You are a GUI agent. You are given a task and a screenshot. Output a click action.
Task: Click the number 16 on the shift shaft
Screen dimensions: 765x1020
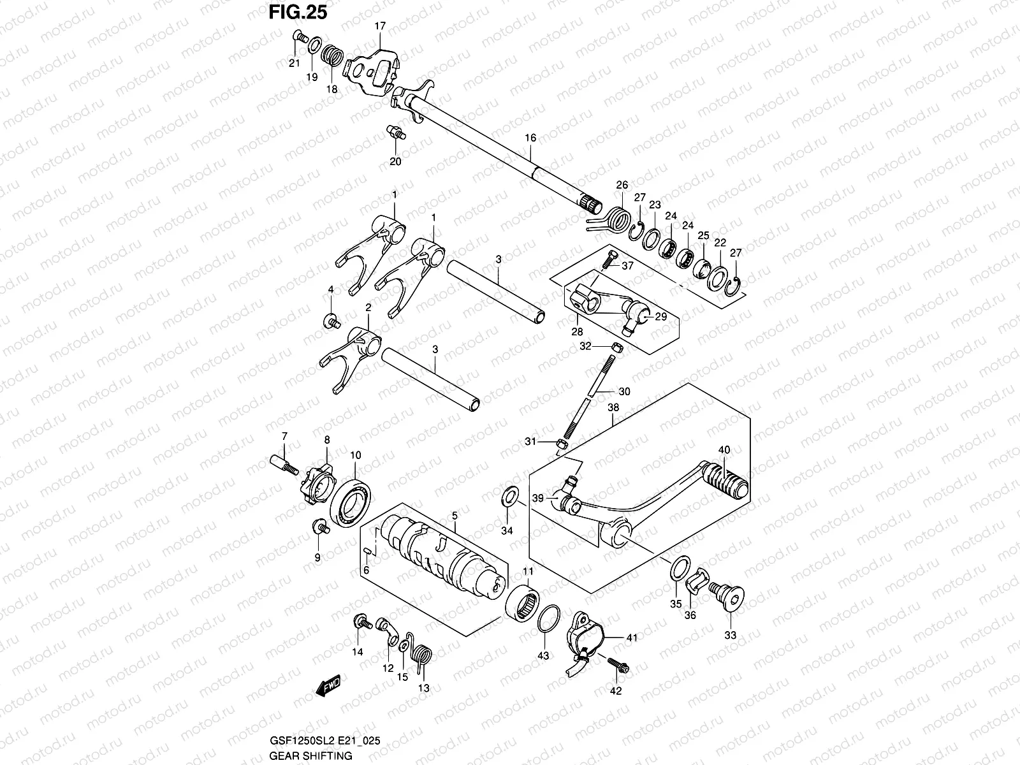click(x=530, y=138)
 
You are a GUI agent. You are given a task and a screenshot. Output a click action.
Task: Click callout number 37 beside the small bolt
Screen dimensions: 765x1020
click(x=627, y=266)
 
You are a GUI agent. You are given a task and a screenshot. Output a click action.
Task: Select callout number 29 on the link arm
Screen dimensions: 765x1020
click(x=660, y=316)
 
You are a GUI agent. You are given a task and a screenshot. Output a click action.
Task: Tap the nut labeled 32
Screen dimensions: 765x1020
click(x=616, y=346)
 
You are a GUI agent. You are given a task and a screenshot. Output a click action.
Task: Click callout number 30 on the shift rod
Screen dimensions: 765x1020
click(x=624, y=391)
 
